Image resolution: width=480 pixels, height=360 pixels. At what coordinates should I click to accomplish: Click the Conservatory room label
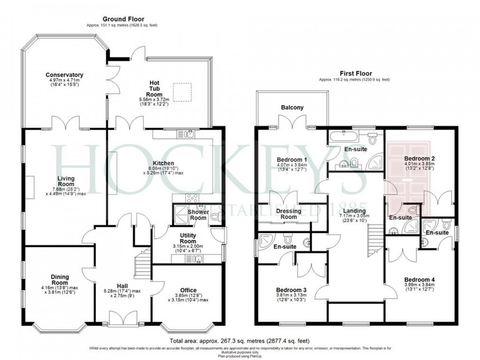(x=64, y=75)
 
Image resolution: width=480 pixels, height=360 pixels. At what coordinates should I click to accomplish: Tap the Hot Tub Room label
(x=154, y=89)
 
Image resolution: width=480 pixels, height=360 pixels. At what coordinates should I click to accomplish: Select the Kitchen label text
(x=166, y=163)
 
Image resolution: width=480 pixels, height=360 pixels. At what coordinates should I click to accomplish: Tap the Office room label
(x=188, y=290)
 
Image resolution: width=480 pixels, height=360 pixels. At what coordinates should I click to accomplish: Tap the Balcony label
(x=292, y=107)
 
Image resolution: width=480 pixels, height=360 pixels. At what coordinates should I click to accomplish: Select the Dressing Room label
(x=288, y=214)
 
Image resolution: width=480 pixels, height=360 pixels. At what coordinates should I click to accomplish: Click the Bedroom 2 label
(x=419, y=158)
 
